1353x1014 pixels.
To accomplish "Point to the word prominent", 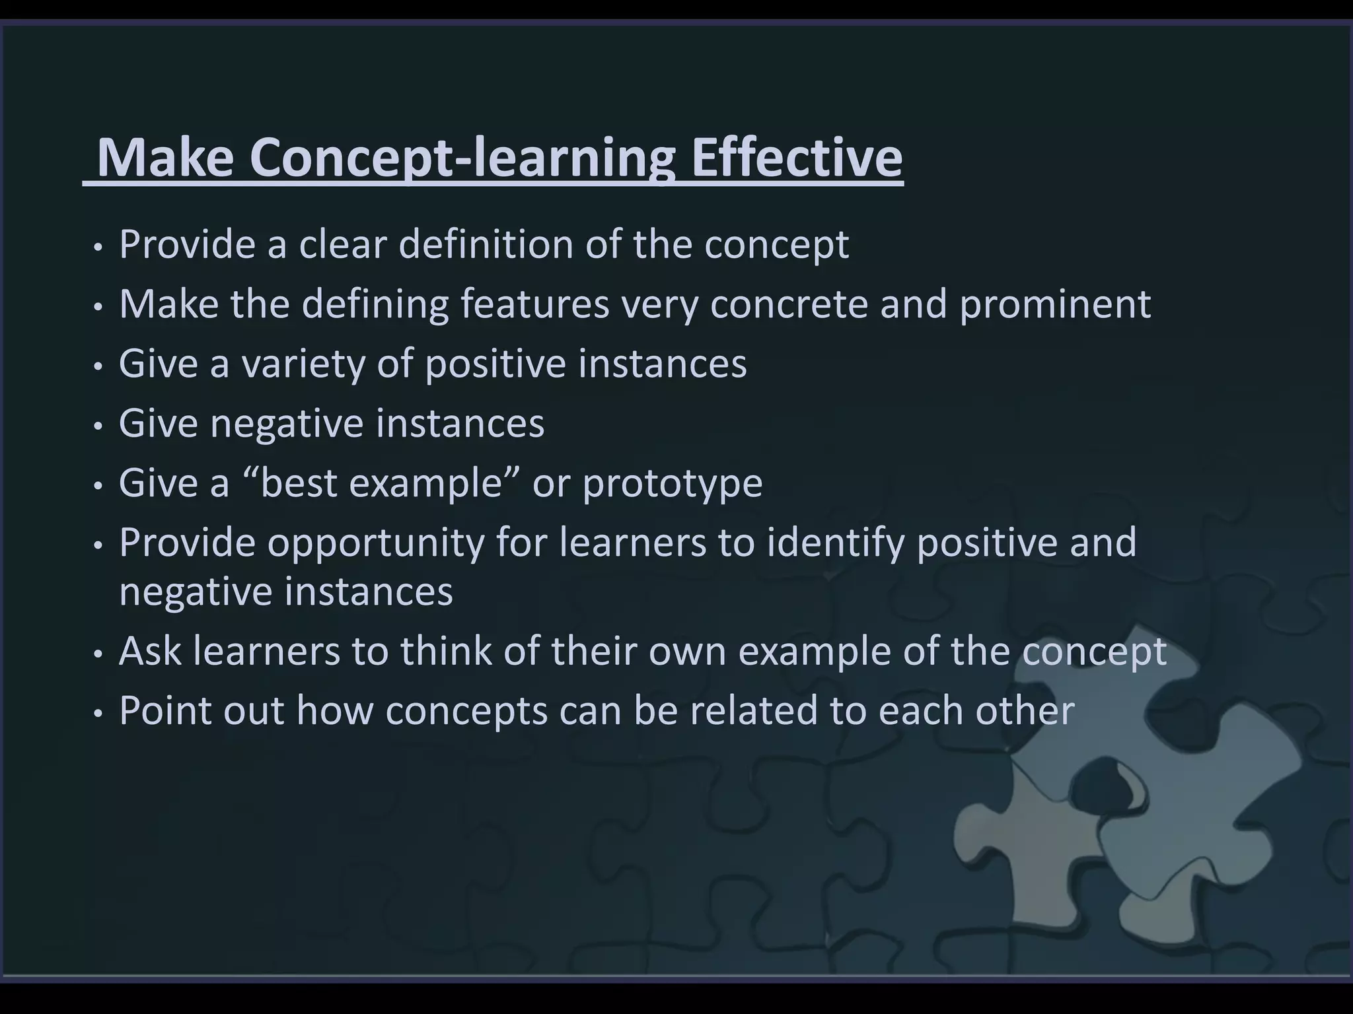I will point(1055,304).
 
